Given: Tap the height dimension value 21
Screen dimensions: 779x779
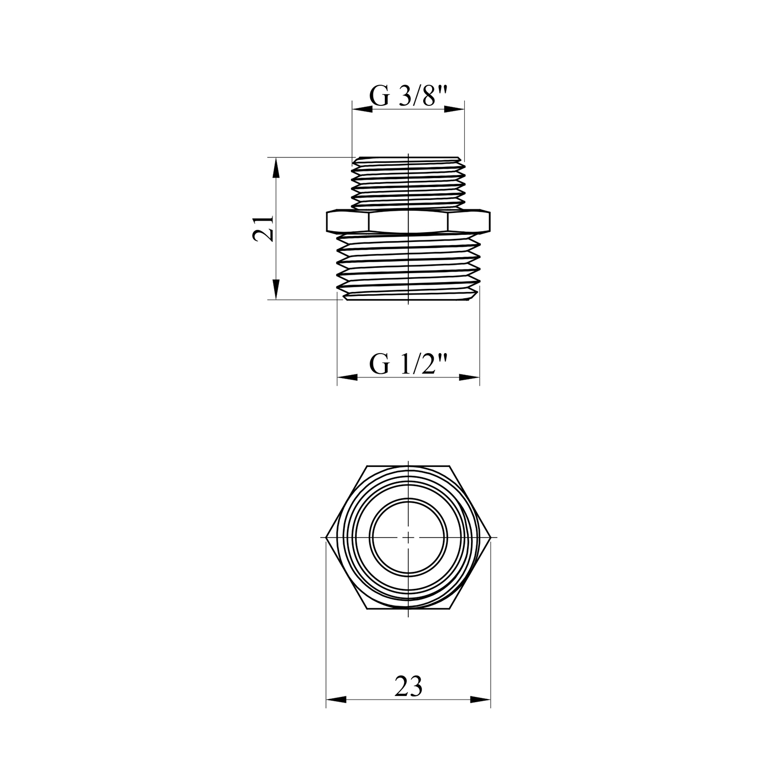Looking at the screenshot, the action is point(263,228).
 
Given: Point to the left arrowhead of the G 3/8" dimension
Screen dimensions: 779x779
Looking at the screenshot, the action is point(362,110).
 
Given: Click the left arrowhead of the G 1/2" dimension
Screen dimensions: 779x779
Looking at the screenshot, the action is point(348,377).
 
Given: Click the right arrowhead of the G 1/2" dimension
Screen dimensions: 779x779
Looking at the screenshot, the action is point(469,377).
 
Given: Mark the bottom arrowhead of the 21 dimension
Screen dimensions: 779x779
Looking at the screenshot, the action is point(276,289).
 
